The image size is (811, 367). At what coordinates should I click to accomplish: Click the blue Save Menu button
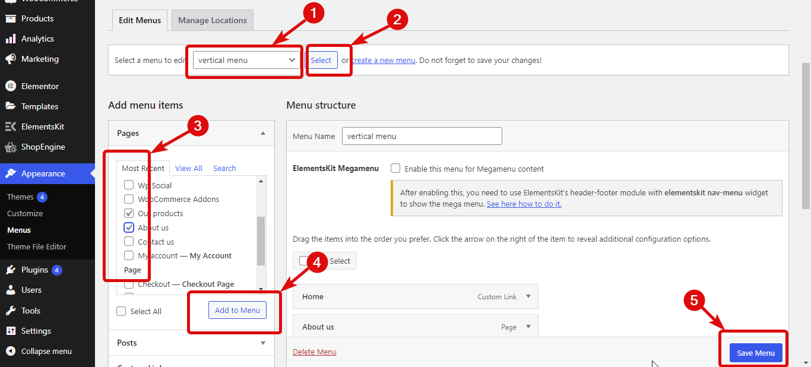756,353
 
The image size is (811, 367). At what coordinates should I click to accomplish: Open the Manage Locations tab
213,20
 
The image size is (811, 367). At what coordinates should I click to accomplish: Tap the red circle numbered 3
198,126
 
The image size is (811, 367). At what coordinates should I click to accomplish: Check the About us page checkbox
129,227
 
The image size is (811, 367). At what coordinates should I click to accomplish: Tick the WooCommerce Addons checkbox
129,199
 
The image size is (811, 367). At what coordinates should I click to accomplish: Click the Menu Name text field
422,136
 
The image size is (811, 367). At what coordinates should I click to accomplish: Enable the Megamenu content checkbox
395,169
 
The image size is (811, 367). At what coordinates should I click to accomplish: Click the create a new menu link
383,60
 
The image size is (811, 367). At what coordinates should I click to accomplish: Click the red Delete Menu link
315,352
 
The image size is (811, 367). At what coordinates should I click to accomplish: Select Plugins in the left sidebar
34,270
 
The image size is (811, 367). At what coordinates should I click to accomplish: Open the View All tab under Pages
189,168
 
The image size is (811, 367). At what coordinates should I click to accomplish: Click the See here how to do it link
524,204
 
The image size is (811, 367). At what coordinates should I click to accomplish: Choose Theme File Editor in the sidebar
37,246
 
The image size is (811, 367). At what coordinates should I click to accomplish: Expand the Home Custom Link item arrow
528,296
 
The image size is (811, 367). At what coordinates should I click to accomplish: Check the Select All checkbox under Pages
122,311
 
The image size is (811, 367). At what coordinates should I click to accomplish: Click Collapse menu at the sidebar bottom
46,351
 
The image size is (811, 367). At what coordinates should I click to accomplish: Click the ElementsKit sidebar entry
43,126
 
